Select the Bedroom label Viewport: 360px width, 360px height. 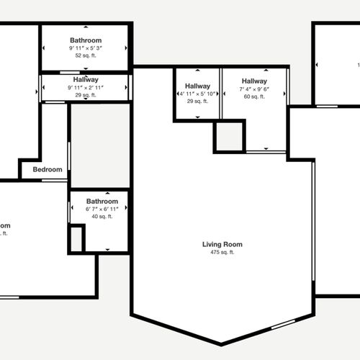(48, 170)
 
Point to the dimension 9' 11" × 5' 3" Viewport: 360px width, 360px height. (86, 48)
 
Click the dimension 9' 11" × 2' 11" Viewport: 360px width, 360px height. (86, 87)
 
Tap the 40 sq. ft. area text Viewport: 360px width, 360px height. (102, 216)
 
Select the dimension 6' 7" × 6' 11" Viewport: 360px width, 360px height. (102, 209)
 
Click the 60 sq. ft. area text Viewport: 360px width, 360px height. (255, 96)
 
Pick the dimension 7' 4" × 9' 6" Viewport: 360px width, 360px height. (255, 89)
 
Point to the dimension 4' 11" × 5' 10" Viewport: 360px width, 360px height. (197, 94)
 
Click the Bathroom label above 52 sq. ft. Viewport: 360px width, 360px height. (86, 40)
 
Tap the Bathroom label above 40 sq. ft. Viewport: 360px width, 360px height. (102, 201)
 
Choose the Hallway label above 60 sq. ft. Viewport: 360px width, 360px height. (255, 81)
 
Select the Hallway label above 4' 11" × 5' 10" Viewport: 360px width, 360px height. (197, 86)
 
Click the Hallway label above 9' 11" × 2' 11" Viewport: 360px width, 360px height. (86, 79)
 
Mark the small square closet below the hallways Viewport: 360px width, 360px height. (230, 137)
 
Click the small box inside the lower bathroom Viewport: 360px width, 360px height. (76, 239)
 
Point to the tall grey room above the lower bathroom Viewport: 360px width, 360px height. (99, 147)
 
